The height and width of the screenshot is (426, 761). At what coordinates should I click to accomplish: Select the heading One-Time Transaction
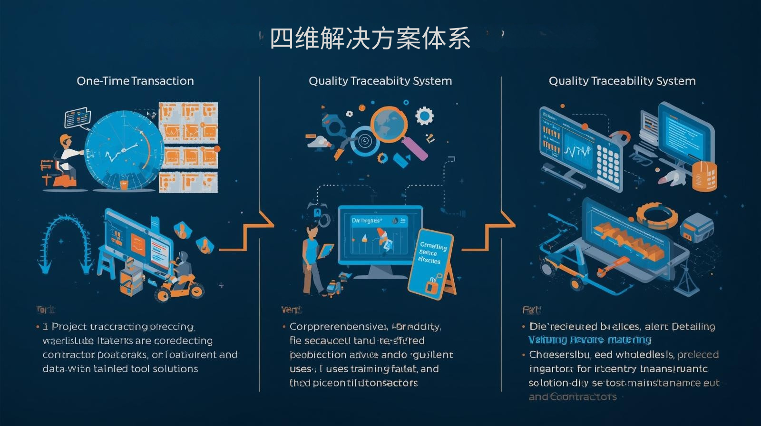pos(135,81)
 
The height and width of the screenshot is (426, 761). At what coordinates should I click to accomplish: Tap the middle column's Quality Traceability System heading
pos(380,81)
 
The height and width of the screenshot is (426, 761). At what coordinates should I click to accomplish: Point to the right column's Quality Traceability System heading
pos(622,81)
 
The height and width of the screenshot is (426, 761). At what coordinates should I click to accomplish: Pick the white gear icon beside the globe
pos(424,116)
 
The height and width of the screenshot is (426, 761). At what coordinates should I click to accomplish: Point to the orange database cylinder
pos(704,175)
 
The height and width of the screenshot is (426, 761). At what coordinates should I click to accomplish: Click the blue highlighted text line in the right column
pos(590,340)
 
